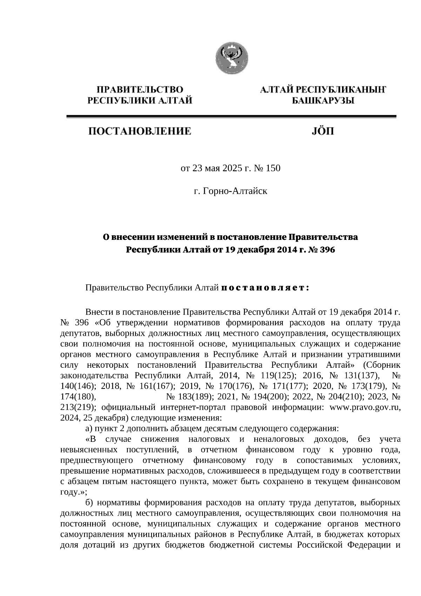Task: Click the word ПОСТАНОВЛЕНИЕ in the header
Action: pyautogui.click(x=139, y=132)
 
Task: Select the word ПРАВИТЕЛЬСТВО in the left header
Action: pyautogui.click(x=140, y=90)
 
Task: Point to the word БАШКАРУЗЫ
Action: pyautogui.click(x=323, y=101)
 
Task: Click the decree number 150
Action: pyautogui.click(x=273, y=169)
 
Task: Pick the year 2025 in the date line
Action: pyautogui.click(x=231, y=169)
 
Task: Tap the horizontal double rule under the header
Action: pyautogui.click(x=231, y=117)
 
